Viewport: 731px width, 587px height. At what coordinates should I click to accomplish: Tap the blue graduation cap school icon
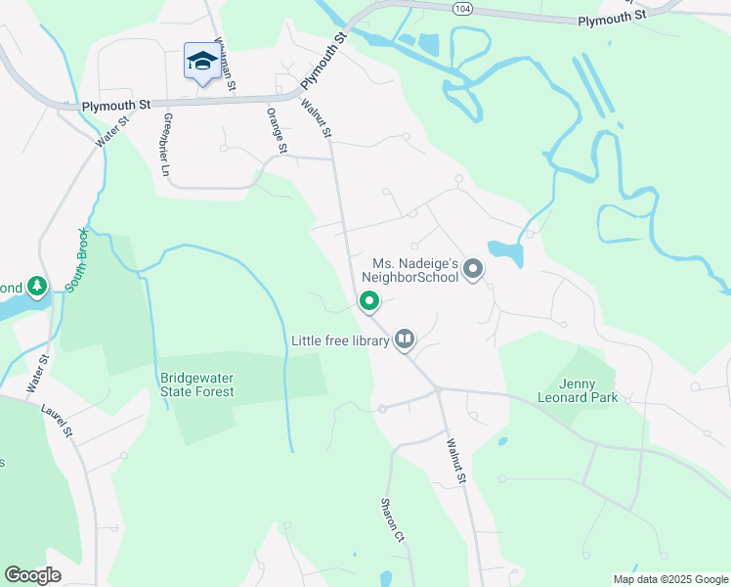[x=201, y=62]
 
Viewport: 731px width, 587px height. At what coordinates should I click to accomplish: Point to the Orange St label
[x=277, y=130]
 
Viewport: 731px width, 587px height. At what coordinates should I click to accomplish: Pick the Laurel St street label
[x=57, y=418]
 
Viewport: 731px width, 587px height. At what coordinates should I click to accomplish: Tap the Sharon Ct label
[x=392, y=519]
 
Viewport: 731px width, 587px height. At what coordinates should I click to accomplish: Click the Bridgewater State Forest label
[x=197, y=384]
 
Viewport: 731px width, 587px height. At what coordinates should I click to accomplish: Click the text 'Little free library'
[x=340, y=340]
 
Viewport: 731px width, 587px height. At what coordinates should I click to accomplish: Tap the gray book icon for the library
[x=405, y=340]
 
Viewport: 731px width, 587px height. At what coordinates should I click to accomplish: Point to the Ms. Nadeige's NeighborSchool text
[x=415, y=270]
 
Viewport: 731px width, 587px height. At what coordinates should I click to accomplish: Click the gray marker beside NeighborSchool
[x=473, y=269]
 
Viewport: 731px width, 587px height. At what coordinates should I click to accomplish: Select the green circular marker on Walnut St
[x=369, y=301]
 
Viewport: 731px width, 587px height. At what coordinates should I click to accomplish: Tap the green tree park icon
[x=37, y=287]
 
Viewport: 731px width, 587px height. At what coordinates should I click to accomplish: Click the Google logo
[x=32, y=574]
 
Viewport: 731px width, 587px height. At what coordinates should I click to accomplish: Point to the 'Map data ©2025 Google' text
[x=669, y=578]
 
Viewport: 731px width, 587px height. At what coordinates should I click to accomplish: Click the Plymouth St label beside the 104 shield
[x=612, y=18]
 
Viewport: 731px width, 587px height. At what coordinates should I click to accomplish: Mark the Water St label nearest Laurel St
[x=38, y=375]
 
